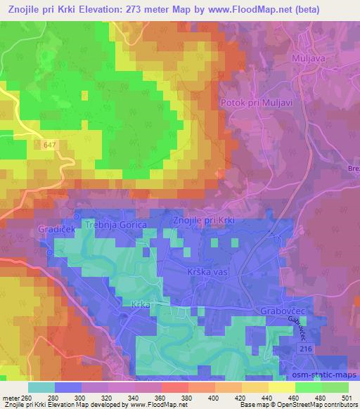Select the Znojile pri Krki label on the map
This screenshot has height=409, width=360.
(x=207, y=221)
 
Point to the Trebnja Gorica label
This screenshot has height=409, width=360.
(x=115, y=223)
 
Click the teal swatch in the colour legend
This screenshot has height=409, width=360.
(x=41, y=387)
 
